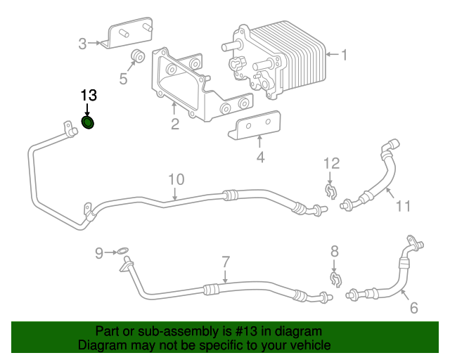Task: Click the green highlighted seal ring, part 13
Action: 89,124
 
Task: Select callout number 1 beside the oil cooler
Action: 344,53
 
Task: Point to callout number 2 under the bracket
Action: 174,124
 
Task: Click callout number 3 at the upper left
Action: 82,44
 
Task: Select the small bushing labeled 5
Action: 139,56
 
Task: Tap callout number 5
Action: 123,79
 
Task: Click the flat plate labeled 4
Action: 257,126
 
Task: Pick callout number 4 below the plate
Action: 260,157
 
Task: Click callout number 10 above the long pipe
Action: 175,179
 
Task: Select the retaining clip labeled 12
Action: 329,190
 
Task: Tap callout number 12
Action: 331,164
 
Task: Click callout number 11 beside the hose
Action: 401,207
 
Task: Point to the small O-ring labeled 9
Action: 122,251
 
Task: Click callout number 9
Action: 99,251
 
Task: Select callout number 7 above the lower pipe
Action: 225,262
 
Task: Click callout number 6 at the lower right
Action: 413,307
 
